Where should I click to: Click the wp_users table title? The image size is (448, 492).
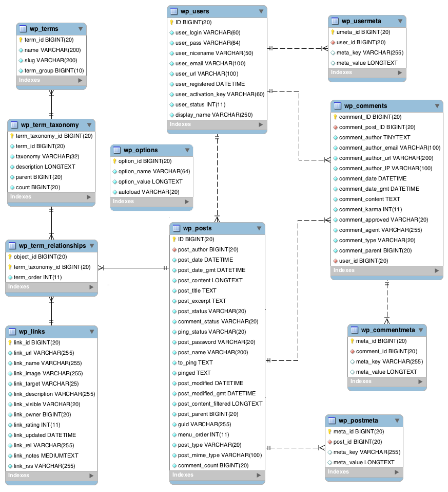point(194,11)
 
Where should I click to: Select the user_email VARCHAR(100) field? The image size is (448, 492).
point(210,63)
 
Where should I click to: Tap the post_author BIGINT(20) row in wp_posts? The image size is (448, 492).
point(208,249)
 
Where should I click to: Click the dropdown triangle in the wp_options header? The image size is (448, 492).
point(187,150)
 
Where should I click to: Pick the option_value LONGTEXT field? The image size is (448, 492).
point(150,181)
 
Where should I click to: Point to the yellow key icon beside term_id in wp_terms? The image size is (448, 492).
point(21,40)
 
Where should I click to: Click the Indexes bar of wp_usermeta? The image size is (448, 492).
point(367,72)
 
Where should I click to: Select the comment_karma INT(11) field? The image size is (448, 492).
point(371,209)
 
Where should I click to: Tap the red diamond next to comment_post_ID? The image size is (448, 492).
point(335,127)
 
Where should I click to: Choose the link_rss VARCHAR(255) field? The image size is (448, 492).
point(44,466)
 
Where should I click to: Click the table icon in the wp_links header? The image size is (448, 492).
point(12,332)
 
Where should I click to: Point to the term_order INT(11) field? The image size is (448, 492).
point(37,278)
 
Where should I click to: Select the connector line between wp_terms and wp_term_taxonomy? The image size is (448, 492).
point(51,104)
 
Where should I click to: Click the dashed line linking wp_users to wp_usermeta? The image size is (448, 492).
point(298,48)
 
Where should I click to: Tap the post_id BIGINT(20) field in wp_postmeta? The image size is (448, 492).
point(358,442)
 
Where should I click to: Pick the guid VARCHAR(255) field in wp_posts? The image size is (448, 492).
point(204,424)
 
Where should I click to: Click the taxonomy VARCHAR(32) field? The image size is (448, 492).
point(47,157)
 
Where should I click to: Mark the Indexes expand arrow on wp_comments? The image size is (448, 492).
point(437,270)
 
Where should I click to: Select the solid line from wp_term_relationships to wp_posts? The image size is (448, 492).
point(133,268)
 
